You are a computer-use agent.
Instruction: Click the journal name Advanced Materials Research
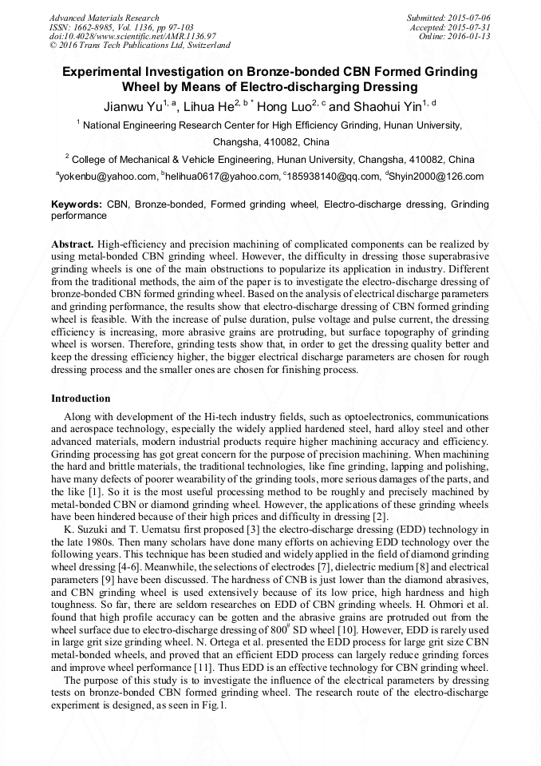click(104, 18)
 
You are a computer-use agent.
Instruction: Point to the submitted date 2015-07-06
click(469, 18)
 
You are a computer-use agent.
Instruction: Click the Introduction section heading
click(81, 399)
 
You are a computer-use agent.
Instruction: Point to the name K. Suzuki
click(82, 530)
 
